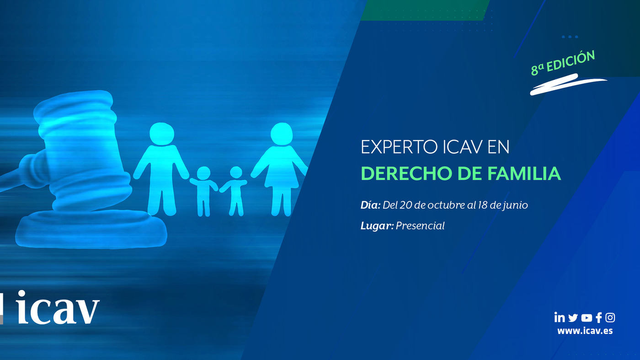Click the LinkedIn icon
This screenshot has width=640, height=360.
coord(560,317)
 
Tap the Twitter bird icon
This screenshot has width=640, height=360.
coord(573,317)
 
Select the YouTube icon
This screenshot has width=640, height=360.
coord(587,317)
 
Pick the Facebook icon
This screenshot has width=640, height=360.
coord(599,317)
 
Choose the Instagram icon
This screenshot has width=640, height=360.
coord(610,317)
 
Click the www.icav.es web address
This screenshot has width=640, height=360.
coord(585,331)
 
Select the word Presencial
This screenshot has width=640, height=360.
coord(420,226)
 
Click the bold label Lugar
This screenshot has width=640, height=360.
coord(377,226)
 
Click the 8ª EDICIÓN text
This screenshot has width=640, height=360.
coord(563,64)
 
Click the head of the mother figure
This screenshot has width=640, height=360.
coord(282,134)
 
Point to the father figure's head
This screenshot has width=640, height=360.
coord(162,134)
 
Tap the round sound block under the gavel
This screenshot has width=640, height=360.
coord(91,229)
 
